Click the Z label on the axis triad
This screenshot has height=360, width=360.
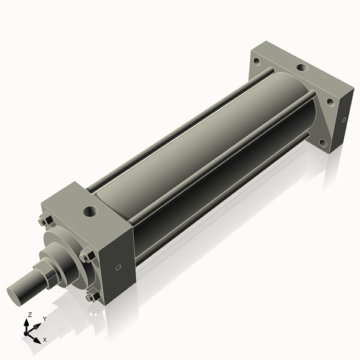pyautogui.click(x=30, y=315)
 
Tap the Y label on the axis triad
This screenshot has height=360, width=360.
pyautogui.click(x=44, y=319)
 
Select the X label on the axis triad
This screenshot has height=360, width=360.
pyautogui.click(x=44, y=340)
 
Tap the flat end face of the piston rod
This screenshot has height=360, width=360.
pyautogui.click(x=17, y=295)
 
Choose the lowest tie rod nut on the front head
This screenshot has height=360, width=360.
pyautogui.click(x=91, y=296)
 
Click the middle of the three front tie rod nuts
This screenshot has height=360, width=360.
pyautogui.click(x=86, y=257)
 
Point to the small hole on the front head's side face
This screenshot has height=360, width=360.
pyautogui.click(x=118, y=268)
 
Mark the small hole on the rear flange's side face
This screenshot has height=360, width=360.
pyautogui.click(x=343, y=120)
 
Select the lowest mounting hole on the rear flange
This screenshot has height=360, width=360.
pyautogui.click(x=323, y=143)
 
